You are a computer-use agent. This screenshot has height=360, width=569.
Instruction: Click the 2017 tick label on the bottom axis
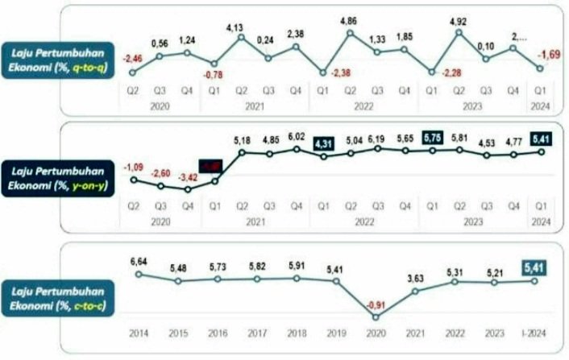tap(257, 332)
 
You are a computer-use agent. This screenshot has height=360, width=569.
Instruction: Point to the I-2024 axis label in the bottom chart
tap(534, 332)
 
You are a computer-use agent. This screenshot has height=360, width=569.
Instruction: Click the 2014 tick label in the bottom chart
tap(138, 332)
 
